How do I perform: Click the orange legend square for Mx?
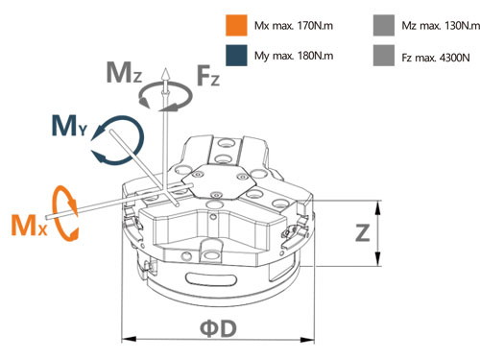click(x=236, y=25)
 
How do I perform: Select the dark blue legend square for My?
click(x=236, y=56)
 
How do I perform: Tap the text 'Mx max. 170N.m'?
click(x=294, y=26)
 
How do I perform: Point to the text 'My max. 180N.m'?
click(x=294, y=56)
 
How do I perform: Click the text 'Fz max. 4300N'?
click(x=436, y=58)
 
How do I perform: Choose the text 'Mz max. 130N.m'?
click(x=441, y=26)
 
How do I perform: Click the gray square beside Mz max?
click(x=384, y=25)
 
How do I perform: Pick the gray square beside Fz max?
click(x=384, y=56)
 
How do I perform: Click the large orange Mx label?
click(x=29, y=226)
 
